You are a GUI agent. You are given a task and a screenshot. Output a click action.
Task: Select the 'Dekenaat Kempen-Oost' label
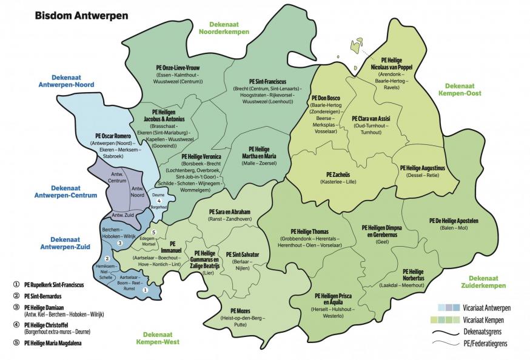[x=463, y=90]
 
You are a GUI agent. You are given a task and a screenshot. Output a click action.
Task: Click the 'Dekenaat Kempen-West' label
[x=159, y=338]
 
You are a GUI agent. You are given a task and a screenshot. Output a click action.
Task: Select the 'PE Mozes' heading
[x=230, y=311]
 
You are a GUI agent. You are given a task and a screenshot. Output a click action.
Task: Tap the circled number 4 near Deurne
[x=159, y=201]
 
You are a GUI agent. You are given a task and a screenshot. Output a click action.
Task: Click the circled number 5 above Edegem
[x=154, y=233]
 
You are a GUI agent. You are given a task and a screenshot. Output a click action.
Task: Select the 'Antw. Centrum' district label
[x=116, y=178]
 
